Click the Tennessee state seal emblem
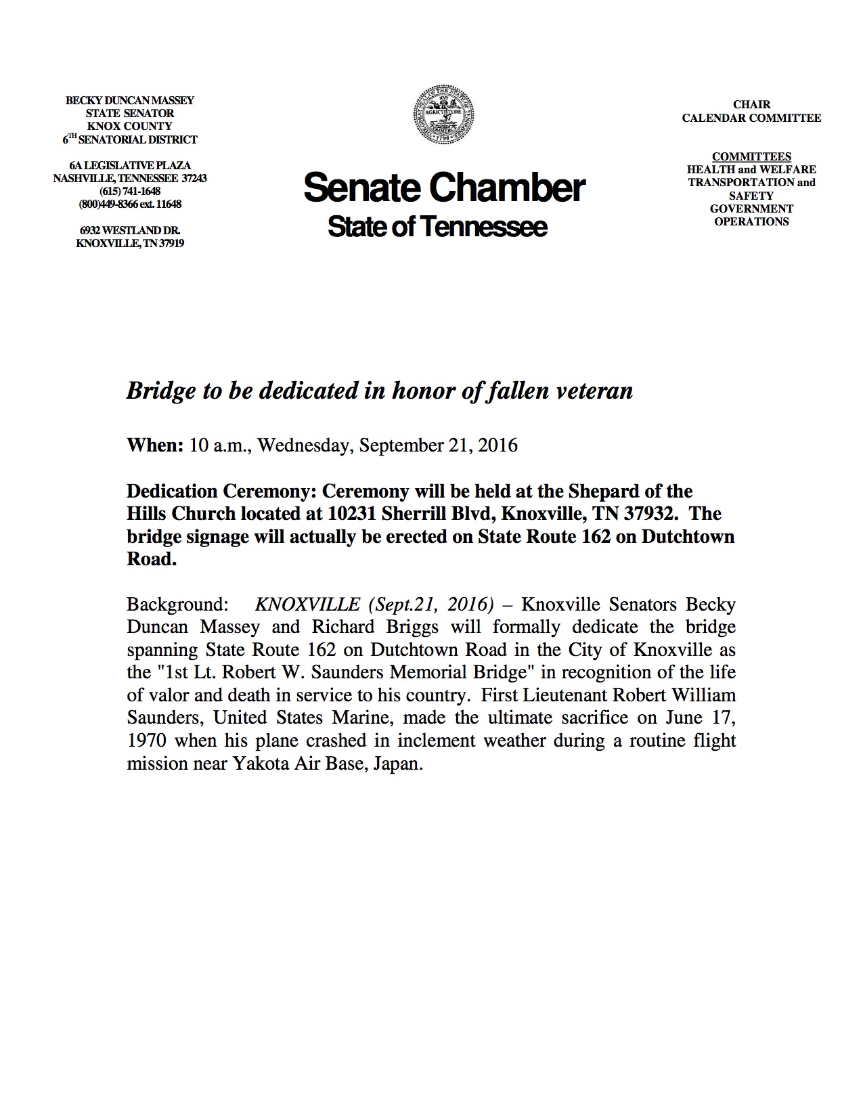[443, 114]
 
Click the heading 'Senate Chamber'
[443, 188]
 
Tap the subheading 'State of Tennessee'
[437, 227]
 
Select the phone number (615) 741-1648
[129, 192]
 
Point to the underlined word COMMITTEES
[751, 156]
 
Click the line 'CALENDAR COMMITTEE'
[751, 118]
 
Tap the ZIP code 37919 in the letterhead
[171, 243]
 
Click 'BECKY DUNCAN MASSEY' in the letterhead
[129, 100]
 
